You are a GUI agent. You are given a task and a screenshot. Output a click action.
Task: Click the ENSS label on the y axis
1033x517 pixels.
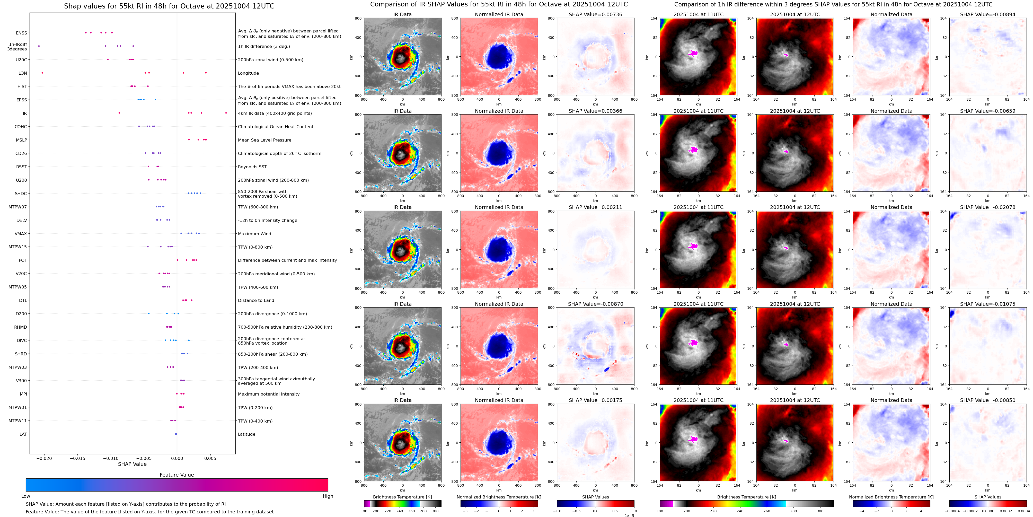click(22, 33)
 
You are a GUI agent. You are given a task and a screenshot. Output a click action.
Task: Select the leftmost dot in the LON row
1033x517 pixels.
click(42, 73)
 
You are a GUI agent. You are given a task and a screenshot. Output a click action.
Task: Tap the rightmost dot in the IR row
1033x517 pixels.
click(226, 113)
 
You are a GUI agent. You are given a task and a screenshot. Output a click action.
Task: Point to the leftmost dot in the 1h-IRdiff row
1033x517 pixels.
click(39, 46)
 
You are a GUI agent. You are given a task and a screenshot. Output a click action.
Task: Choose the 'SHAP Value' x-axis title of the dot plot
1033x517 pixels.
click(132, 464)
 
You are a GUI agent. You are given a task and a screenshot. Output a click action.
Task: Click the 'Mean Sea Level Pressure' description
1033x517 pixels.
click(265, 140)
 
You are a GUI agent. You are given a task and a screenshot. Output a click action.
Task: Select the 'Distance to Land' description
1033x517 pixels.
click(256, 300)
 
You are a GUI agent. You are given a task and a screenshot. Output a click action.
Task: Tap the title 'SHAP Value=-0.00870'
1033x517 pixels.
click(596, 304)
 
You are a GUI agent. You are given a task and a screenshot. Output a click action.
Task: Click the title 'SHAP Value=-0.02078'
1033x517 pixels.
click(988, 207)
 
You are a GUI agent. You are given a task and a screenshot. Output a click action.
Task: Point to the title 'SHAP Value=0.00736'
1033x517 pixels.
click(596, 14)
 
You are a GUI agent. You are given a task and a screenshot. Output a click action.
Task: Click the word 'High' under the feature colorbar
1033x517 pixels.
click(328, 496)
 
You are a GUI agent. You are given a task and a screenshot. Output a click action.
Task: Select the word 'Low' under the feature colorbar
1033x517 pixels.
click(26, 496)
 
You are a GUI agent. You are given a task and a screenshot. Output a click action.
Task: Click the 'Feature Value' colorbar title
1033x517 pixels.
click(177, 475)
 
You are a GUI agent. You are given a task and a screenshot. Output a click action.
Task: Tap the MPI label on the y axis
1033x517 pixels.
click(23, 394)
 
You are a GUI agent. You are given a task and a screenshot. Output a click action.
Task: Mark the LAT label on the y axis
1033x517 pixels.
click(23, 434)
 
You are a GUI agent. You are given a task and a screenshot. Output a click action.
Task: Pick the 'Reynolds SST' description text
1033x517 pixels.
click(252, 167)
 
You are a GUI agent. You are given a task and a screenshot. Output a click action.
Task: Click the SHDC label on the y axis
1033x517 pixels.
click(21, 193)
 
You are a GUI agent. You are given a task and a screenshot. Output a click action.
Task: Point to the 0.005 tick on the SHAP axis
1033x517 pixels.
click(210, 458)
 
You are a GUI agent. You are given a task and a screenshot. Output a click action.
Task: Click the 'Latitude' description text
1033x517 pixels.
click(247, 434)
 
